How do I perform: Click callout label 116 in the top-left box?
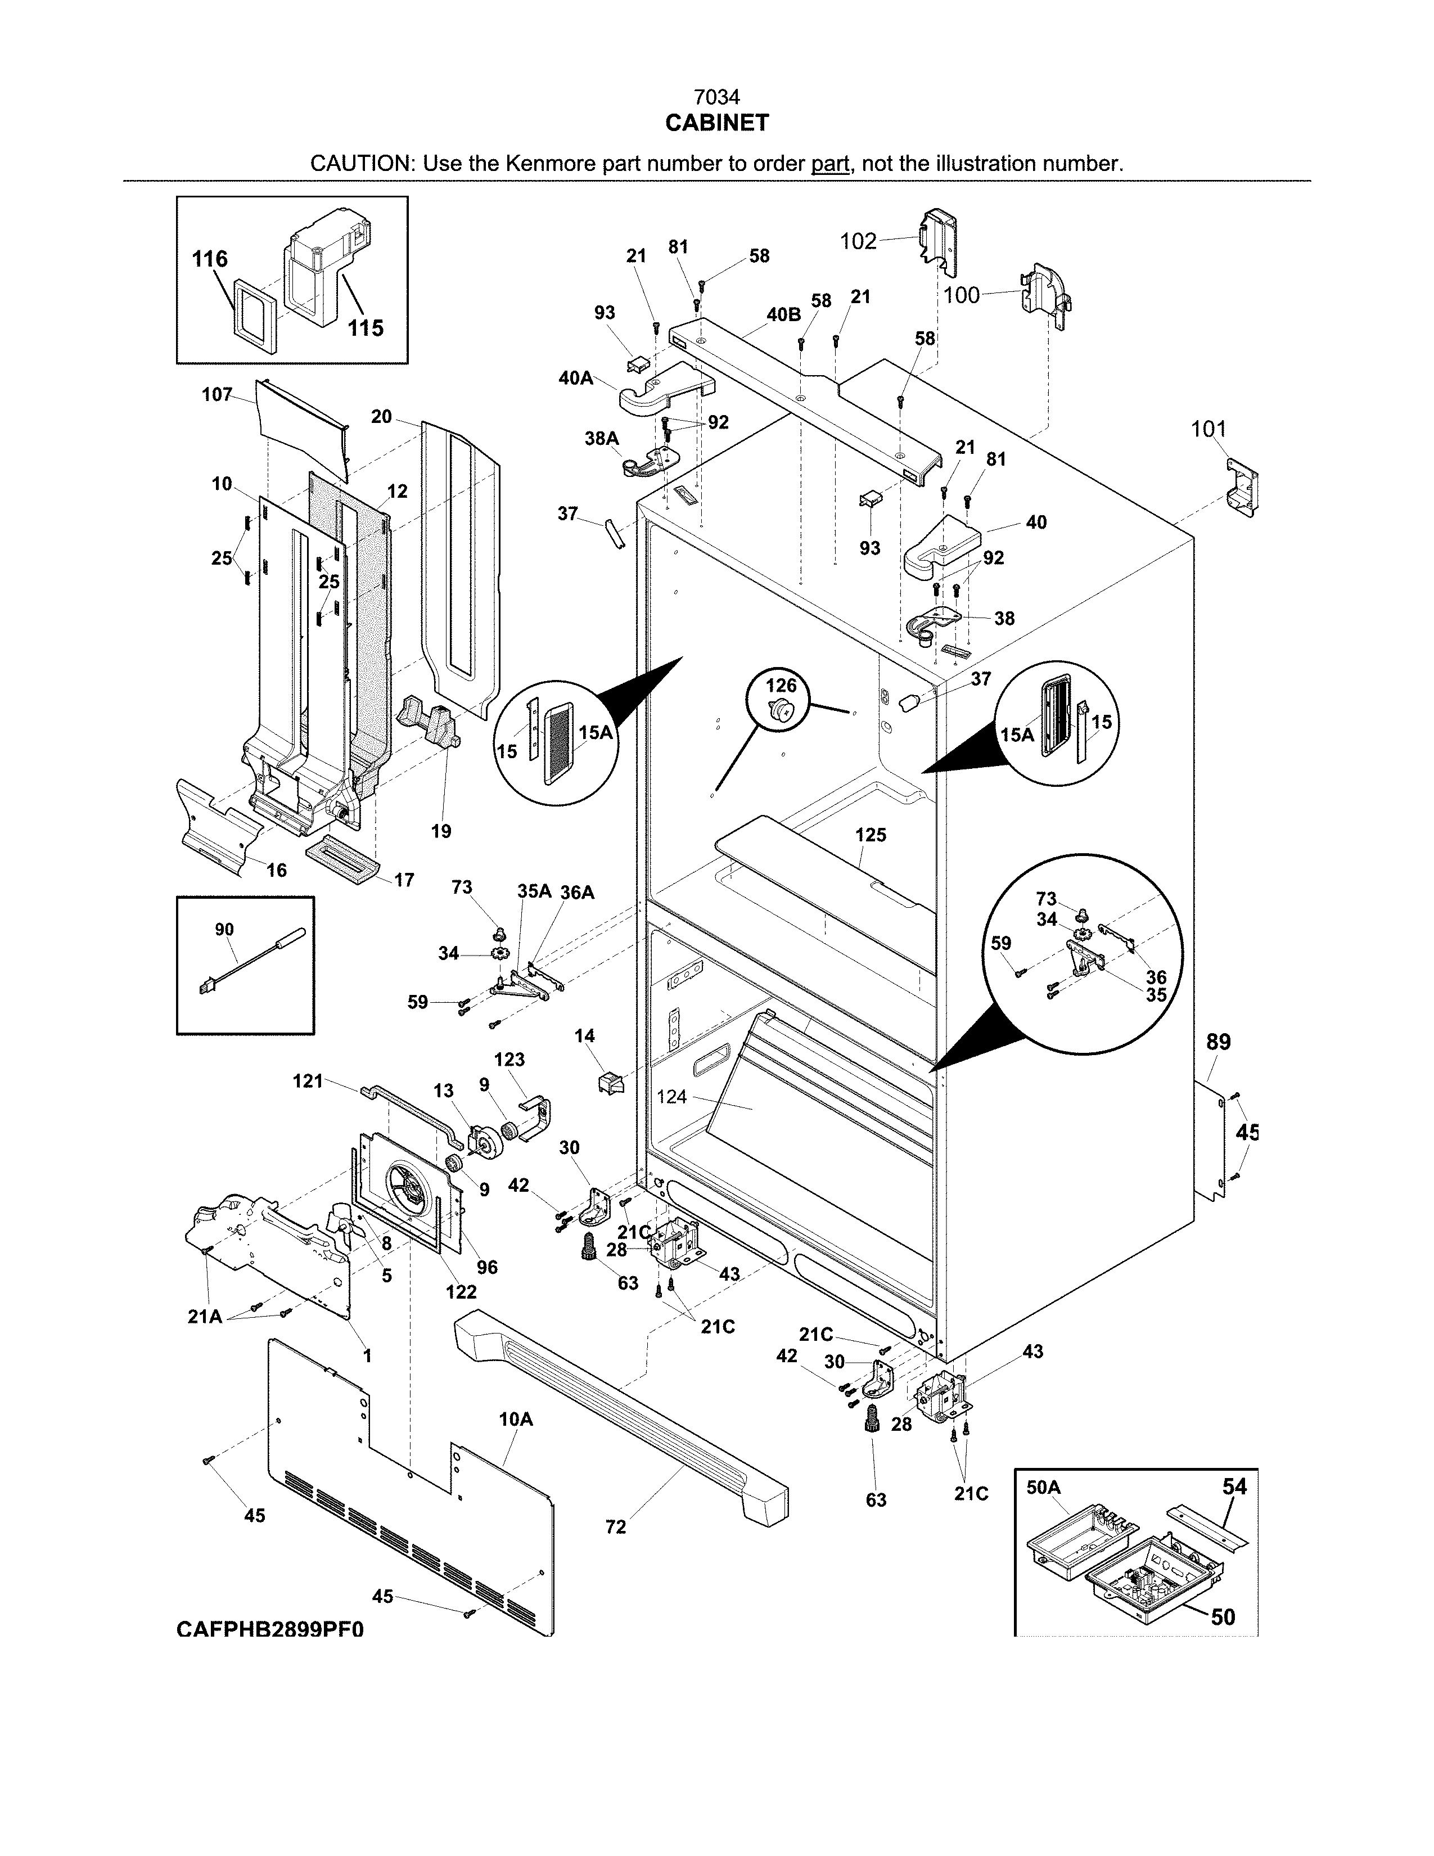click(x=210, y=259)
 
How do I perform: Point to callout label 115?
click(x=366, y=328)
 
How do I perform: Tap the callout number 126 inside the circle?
click(x=782, y=686)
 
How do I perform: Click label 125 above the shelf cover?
click(x=871, y=835)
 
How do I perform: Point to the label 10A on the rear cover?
click(x=516, y=1419)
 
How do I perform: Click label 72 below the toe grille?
click(x=616, y=1527)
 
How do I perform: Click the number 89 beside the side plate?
click(x=1218, y=1042)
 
